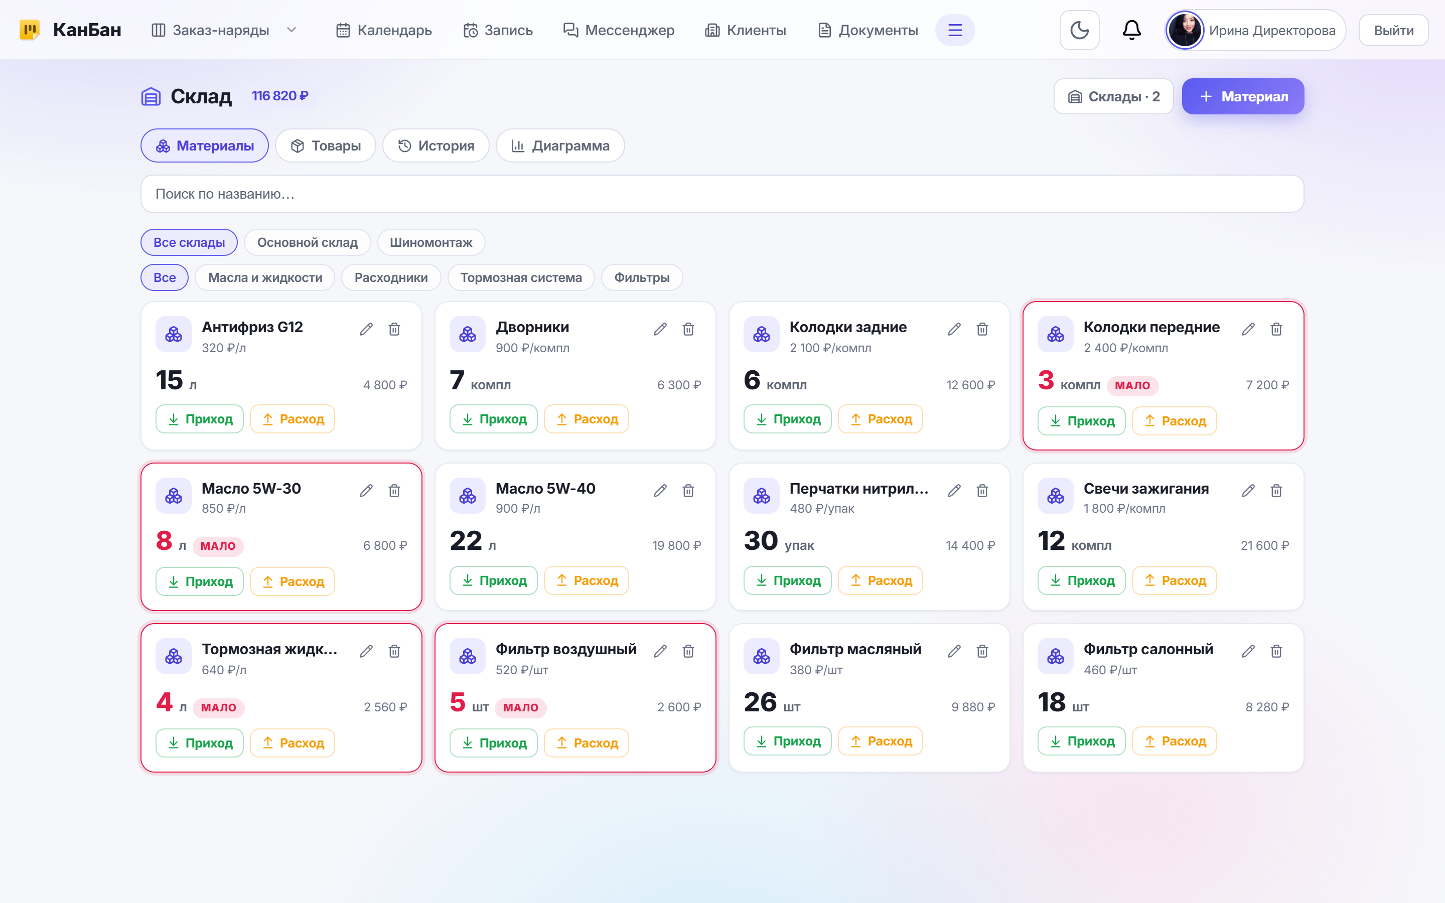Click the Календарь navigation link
[384, 31]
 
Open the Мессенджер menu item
[619, 31]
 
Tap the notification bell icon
[1131, 30]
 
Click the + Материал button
[1243, 96]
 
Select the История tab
[436, 145]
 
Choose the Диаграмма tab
[560, 145]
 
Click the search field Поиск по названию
[722, 194]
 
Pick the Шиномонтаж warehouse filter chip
[431, 242]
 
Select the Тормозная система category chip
[521, 278]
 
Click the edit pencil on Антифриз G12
[366, 329]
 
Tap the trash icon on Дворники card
[688, 329]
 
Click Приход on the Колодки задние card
[787, 419]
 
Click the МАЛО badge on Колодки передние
[1132, 385]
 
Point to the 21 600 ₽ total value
[1265, 545]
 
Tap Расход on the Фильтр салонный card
[1174, 741]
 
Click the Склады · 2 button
[1114, 96]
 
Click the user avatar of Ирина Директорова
[1185, 30]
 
